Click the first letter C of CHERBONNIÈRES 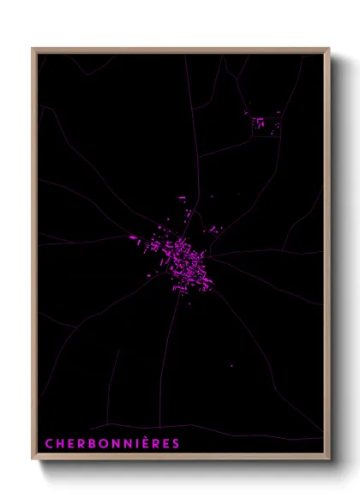49,444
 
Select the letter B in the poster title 92,444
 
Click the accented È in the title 144,443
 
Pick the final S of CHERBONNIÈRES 176,444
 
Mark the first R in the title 81,444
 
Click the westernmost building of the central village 133,237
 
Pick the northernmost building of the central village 181,198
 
